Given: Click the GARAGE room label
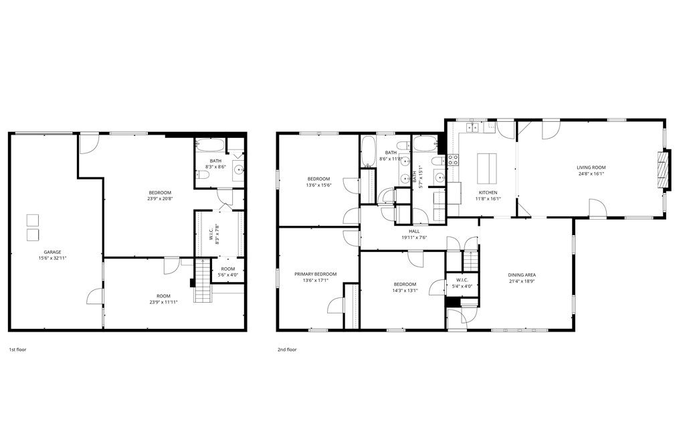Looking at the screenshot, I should (x=52, y=252).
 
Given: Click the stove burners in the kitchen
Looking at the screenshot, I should (x=452, y=159).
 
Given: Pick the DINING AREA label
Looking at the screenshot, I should (x=522, y=275).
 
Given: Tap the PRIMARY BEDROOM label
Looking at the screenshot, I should (x=316, y=274).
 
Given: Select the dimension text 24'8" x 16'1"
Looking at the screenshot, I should (x=591, y=173).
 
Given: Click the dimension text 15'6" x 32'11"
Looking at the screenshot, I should (x=52, y=259).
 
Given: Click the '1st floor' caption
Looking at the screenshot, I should (x=17, y=350).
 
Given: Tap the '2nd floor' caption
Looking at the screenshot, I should (x=287, y=350).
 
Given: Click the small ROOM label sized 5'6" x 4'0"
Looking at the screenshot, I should (x=227, y=269).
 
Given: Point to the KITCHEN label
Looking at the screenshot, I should (x=487, y=192).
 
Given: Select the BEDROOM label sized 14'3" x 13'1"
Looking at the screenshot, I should (x=405, y=284).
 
